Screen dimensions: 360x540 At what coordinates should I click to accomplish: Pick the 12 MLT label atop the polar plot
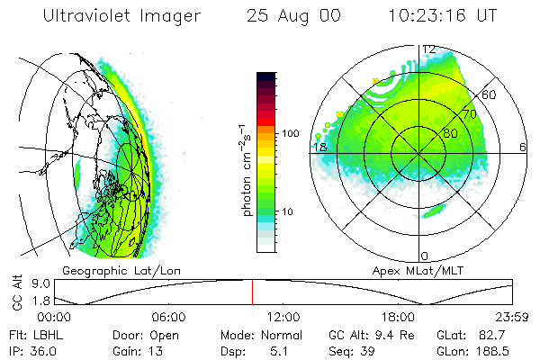click(429, 49)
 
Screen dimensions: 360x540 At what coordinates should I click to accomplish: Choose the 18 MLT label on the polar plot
click(319, 147)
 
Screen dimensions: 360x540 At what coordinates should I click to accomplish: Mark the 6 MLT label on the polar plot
click(523, 147)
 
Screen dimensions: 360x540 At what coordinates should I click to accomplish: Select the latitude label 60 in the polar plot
click(490, 94)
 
